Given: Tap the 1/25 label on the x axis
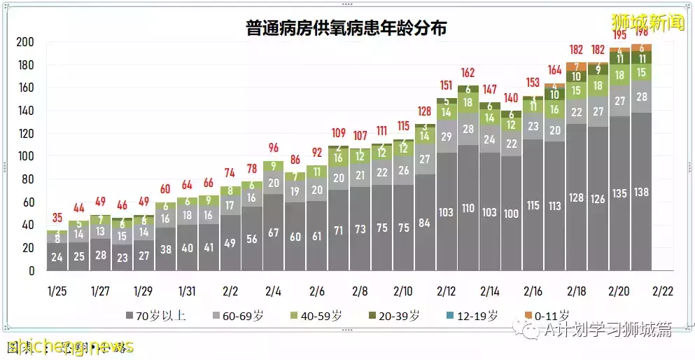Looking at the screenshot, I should point(57,290).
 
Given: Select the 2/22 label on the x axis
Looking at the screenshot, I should point(663,290).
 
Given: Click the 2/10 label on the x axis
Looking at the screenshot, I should point(402,290).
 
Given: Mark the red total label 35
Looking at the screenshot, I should point(57,217).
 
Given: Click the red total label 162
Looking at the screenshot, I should point(468,73).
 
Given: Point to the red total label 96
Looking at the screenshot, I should point(273,148).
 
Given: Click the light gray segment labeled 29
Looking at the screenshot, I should point(446,137).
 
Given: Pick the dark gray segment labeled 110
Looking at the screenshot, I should point(468,208).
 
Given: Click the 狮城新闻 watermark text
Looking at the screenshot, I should point(647,21).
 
